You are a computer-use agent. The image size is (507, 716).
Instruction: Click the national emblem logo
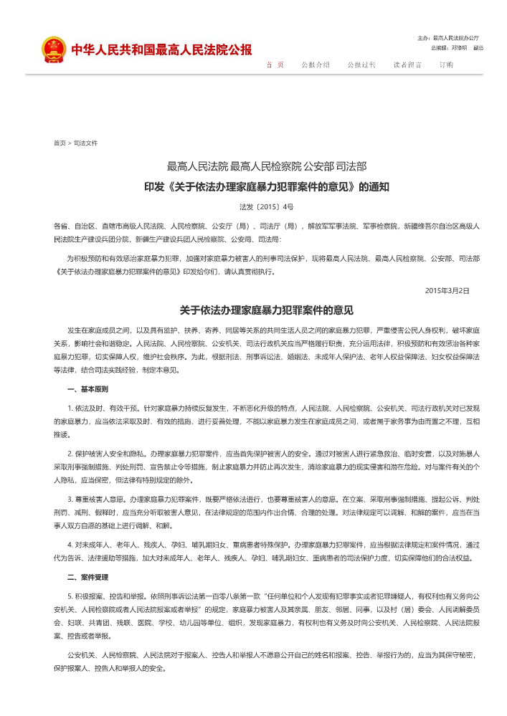click(x=53, y=49)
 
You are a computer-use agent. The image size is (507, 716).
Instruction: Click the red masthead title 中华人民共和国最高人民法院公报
click(x=161, y=49)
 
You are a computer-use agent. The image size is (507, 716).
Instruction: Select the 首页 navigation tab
click(x=275, y=65)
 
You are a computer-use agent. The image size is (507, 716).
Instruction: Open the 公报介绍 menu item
click(x=316, y=65)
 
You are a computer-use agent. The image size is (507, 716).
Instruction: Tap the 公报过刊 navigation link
click(x=361, y=65)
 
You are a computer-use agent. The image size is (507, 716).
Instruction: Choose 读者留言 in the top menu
click(x=407, y=65)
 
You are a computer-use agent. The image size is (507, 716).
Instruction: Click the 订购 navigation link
click(x=446, y=65)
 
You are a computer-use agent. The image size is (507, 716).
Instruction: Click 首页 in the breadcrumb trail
click(x=60, y=143)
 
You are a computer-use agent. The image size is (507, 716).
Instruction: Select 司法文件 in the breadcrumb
click(x=85, y=143)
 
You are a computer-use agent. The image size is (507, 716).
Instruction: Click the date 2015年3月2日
click(x=447, y=290)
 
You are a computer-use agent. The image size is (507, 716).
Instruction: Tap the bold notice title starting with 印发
click(x=266, y=187)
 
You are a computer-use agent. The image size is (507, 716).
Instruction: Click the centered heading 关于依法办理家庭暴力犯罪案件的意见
click(x=266, y=311)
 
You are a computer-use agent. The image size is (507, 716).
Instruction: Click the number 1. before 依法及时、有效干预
click(x=70, y=407)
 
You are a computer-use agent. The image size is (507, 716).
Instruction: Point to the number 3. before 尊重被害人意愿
click(x=70, y=497)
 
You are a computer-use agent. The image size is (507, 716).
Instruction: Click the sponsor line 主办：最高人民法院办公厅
click(x=448, y=37)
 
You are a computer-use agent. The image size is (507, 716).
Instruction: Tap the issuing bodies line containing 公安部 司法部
click(x=266, y=167)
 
